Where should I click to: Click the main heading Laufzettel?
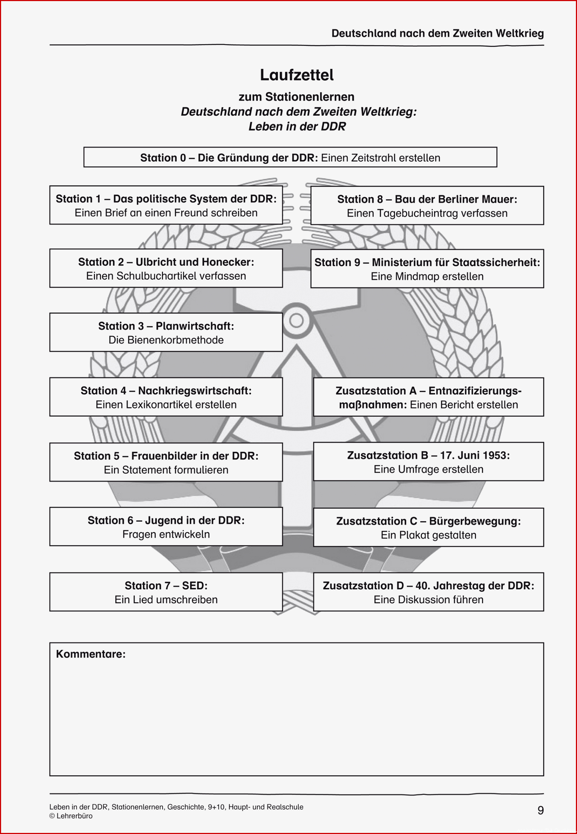click(x=297, y=75)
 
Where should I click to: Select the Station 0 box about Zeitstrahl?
click(x=290, y=157)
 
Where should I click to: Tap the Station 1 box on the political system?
click(x=166, y=205)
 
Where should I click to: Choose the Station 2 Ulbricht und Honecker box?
click(x=166, y=268)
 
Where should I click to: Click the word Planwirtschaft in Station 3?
click(x=195, y=326)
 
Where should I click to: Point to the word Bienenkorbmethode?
click(x=166, y=340)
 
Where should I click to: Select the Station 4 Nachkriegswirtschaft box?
click(x=166, y=397)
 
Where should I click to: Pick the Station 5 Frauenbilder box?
click(x=166, y=462)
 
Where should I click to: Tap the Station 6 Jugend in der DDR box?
click(x=166, y=526)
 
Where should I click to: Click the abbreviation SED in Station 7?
click(x=194, y=586)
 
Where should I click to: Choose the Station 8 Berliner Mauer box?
click(x=427, y=206)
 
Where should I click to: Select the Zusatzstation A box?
click(x=428, y=397)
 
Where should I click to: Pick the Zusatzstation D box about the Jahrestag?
click(x=428, y=592)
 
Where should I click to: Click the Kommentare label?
click(x=91, y=654)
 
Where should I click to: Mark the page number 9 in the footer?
click(x=540, y=810)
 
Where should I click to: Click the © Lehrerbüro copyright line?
click(x=71, y=816)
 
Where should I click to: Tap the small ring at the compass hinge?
click(x=297, y=320)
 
